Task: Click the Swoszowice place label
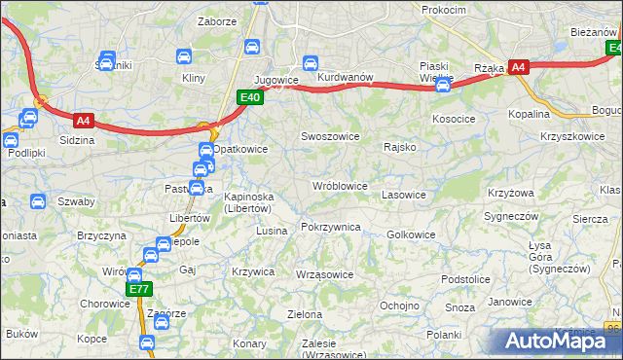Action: click(331, 137)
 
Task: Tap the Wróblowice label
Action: click(339, 185)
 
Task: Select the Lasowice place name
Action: click(404, 195)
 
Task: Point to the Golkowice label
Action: click(411, 234)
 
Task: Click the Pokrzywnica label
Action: click(331, 227)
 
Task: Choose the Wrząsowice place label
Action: click(324, 274)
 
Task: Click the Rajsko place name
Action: click(400, 148)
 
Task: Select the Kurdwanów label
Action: click(346, 77)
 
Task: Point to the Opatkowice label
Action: click(240, 149)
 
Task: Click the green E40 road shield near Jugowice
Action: click(250, 96)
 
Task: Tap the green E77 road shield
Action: click(138, 289)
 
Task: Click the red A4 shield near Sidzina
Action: click(84, 121)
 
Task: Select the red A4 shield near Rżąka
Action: click(519, 67)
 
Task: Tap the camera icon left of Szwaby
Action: click(37, 202)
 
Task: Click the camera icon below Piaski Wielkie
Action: click(444, 86)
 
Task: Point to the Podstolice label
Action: click(464, 279)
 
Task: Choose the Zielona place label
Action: click(305, 314)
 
